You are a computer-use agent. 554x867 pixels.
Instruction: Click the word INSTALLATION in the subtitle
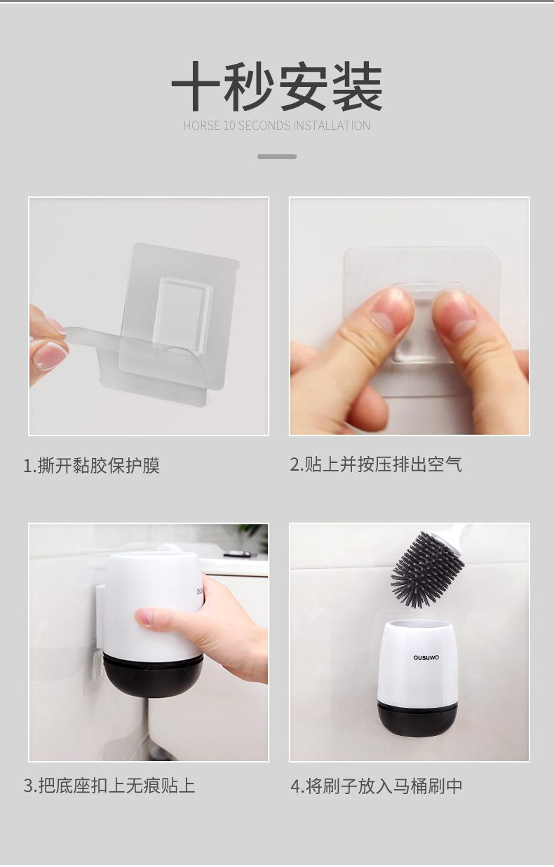[x=332, y=126]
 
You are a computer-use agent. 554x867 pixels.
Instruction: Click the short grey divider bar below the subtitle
[x=277, y=156]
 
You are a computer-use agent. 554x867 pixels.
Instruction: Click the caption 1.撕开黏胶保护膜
[x=91, y=465]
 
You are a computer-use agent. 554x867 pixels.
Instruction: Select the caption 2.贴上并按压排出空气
[x=376, y=464]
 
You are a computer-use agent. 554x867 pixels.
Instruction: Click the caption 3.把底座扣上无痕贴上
[x=109, y=786]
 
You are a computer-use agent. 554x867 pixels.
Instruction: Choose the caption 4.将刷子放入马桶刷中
[x=377, y=786]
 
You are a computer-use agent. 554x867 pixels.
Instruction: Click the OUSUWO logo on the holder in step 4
[x=426, y=657]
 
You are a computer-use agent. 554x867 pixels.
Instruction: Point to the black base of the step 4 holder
[x=417, y=719]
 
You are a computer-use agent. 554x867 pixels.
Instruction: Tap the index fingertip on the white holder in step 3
[x=142, y=617]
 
